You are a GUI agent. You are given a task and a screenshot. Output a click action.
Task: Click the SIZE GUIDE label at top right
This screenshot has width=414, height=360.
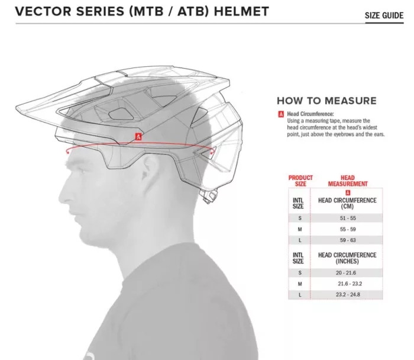pos(384,15)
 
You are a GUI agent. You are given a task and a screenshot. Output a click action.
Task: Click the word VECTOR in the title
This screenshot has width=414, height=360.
pos(44,11)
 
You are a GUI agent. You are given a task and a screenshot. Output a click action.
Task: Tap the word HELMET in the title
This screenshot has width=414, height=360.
pos(241,11)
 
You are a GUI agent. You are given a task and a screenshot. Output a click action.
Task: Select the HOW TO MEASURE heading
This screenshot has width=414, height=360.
pos(326,101)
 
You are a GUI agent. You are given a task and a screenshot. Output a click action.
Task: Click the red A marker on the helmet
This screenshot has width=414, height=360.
pos(138,137)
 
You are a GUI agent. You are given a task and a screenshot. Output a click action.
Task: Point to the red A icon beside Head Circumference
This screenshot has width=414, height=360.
pos(281,114)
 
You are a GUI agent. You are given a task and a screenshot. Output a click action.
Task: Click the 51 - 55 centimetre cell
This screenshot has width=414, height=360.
pos(348,218)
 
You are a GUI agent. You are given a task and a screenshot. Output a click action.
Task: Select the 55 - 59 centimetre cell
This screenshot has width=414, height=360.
pos(348,229)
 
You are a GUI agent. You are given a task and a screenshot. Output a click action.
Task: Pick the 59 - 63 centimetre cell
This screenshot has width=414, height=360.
pos(348,240)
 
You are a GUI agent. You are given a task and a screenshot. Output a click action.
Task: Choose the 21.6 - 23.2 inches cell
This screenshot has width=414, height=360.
pos(350,284)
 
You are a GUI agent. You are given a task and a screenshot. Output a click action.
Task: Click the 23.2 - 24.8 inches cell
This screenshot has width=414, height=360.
pos(348,294)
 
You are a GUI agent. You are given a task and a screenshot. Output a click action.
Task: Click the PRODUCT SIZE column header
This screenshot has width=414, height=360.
pos(300,181)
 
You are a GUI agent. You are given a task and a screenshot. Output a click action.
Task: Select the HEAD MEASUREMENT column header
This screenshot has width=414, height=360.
pos(348,181)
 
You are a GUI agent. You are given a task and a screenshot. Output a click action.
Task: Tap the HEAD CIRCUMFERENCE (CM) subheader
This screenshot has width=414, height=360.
pos(347,203)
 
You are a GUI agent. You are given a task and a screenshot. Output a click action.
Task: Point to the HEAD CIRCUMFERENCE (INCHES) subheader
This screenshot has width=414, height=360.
pos(347,258)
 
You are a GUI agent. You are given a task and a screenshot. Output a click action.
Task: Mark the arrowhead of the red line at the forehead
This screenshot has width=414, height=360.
pos(67,152)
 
